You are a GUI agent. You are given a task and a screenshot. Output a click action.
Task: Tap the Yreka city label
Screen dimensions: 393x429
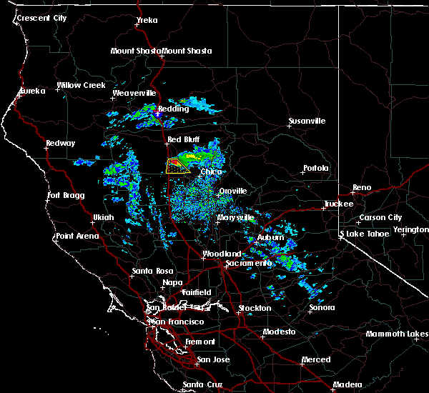tap(147, 21)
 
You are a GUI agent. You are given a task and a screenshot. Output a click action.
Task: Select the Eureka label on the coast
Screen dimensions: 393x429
tap(31, 91)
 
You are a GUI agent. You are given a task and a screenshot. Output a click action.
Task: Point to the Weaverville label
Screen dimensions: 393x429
tap(134, 93)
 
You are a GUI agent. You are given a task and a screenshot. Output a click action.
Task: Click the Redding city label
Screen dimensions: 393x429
tap(174, 109)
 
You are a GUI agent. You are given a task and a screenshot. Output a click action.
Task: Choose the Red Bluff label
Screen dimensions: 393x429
tap(184, 139)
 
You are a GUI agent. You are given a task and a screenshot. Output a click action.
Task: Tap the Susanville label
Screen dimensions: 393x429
tap(307, 121)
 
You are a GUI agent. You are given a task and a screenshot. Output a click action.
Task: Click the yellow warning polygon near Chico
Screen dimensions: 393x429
tap(176, 167)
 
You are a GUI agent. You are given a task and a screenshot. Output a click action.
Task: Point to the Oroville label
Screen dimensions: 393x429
tap(232, 191)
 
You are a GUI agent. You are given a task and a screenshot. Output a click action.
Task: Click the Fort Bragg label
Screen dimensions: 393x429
tap(66, 195)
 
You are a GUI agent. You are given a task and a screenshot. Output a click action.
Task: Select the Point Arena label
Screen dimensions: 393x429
tap(79, 236)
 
